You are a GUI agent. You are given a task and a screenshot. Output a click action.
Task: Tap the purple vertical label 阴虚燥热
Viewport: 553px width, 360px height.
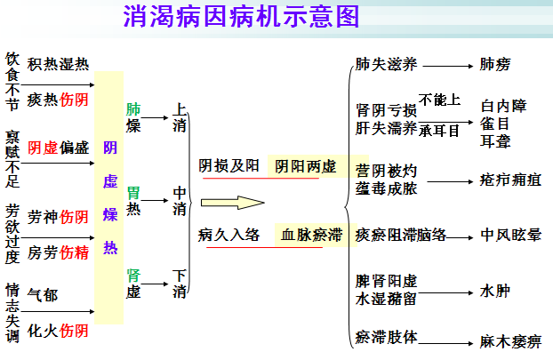(x=110, y=197)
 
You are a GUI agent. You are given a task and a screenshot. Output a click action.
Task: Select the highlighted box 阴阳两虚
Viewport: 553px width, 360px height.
(x=305, y=166)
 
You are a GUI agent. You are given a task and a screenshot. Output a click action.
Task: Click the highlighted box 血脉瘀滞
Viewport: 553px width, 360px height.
(x=311, y=236)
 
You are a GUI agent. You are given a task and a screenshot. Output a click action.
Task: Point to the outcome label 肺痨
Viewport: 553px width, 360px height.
(x=495, y=65)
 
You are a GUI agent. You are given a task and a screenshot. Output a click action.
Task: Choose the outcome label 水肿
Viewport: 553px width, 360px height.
(x=494, y=291)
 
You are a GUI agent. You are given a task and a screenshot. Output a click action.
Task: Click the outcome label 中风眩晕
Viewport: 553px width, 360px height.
(x=510, y=236)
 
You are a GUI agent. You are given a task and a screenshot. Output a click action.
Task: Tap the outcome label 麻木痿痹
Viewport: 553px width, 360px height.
(x=510, y=341)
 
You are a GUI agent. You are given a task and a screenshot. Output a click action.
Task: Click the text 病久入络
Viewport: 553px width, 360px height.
(x=229, y=236)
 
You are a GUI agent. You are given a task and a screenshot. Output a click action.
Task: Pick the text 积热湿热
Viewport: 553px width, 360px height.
(x=58, y=64)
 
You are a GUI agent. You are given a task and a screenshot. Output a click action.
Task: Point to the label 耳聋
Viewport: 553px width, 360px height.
(x=494, y=139)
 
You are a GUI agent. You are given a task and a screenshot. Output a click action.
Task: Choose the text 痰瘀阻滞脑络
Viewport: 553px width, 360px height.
(x=400, y=236)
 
